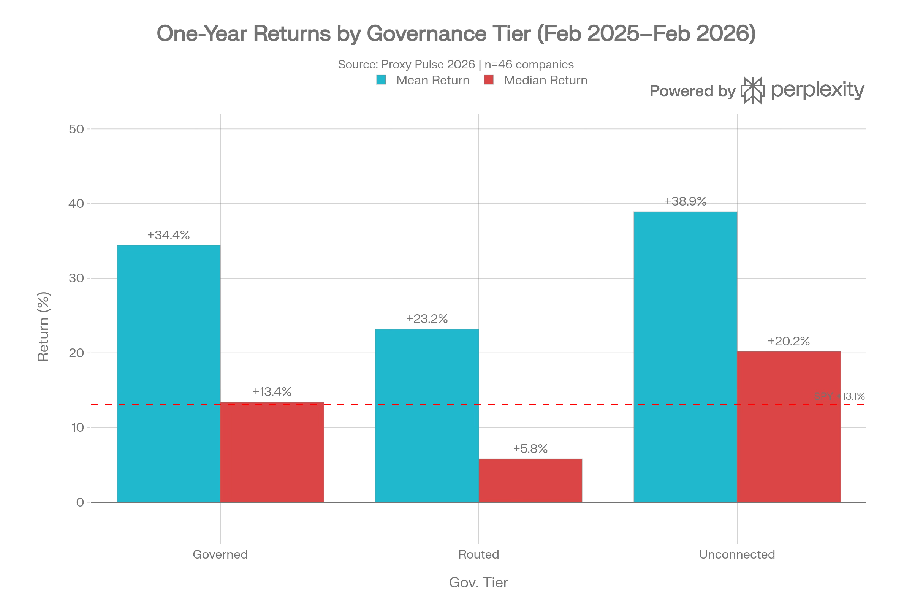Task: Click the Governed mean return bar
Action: point(169,374)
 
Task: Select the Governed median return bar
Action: point(272,453)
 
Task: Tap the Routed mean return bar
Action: point(427,416)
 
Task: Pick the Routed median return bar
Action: point(530,481)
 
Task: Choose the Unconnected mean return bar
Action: point(685,357)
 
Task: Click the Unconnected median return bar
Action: point(789,427)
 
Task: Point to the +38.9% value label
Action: point(685,202)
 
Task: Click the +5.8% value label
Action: point(530,449)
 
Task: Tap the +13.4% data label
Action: point(272,392)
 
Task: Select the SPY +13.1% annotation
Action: point(839,396)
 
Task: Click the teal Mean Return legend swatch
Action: point(381,80)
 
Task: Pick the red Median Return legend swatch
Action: point(489,80)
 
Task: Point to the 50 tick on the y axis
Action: point(76,129)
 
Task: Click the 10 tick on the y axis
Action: point(78,428)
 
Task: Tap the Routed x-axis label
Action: point(478,554)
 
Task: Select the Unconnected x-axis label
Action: point(737,554)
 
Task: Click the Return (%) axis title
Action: point(43,327)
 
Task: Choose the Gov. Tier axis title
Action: point(478,583)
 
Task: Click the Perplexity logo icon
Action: point(753,90)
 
